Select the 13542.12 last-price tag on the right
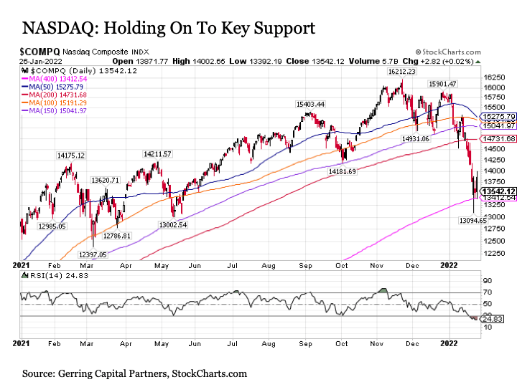(x=500, y=191)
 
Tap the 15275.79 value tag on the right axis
(x=500, y=116)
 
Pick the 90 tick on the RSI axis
(x=486, y=281)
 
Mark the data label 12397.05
(x=93, y=255)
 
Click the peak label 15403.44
(x=310, y=104)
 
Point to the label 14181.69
(x=343, y=172)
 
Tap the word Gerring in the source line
(x=83, y=374)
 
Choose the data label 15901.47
(x=442, y=84)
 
